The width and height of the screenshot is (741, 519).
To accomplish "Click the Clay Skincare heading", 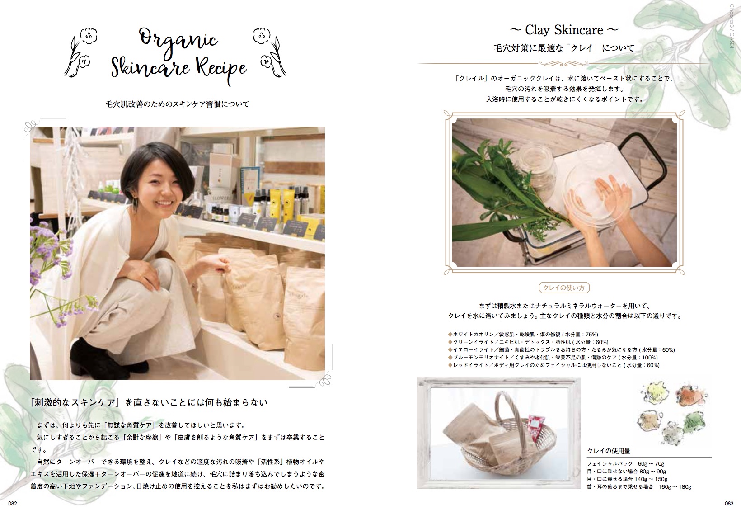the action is point(564,30).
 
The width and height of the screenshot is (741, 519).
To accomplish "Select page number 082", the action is point(13,504).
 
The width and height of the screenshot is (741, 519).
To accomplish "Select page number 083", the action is point(729,504).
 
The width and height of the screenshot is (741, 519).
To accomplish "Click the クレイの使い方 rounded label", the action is point(564,288).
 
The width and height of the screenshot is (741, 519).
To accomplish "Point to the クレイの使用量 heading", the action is point(609,451).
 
